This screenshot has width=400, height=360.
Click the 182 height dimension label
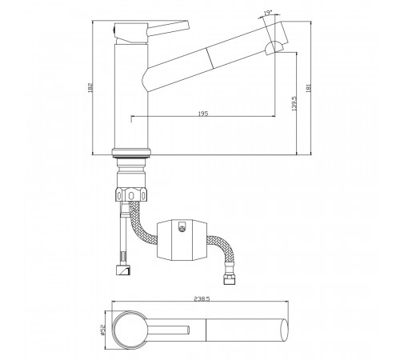[90, 87]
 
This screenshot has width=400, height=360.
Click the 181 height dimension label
[309, 88]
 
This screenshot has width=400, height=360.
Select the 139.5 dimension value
[294, 103]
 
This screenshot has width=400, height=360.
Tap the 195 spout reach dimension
[203, 114]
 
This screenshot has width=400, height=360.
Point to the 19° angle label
[268, 13]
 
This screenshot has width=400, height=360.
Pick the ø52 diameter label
[102, 330]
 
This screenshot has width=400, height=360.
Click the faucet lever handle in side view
[168, 28]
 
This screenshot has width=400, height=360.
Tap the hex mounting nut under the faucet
[131, 194]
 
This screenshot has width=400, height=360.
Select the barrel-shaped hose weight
[182, 240]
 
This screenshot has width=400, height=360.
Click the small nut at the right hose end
[229, 280]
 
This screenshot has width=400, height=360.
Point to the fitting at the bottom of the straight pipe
[124, 270]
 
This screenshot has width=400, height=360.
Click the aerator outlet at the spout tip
[274, 47]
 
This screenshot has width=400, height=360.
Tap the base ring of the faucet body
[131, 152]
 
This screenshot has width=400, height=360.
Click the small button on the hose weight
[182, 226]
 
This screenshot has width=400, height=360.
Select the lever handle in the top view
[168, 330]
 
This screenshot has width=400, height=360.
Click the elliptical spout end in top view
[284, 330]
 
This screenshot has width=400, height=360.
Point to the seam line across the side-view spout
[210, 58]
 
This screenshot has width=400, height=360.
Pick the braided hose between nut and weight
[142, 222]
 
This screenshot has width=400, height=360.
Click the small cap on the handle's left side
[114, 30]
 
